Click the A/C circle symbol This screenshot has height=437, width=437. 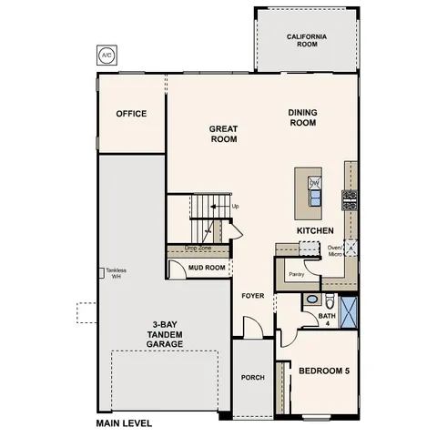tap(107, 55)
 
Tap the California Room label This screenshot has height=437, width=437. tap(307, 41)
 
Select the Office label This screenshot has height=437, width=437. tap(131, 115)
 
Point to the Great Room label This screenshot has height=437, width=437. tap(223, 135)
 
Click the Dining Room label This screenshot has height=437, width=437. tap(302, 117)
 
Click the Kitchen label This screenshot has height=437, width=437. tap(315, 231)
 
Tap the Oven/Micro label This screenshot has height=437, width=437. tap(334, 250)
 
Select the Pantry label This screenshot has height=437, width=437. tap(295, 273)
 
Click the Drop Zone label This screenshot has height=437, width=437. tap(198, 248)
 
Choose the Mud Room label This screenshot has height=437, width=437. tap(207, 268)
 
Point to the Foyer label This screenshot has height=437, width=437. tap(252, 297)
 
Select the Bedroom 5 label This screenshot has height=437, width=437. tap(324, 370)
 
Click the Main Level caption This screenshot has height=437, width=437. tap(124, 423)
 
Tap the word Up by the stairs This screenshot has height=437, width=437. tap(236, 206)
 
